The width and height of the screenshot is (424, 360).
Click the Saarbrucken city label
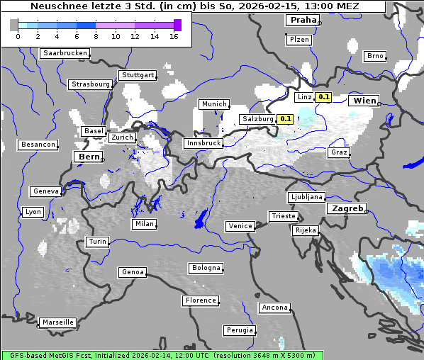[65, 53]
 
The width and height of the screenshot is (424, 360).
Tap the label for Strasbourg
[91, 84]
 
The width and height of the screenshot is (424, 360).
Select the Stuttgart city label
[138, 75]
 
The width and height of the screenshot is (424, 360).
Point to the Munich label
[214, 104]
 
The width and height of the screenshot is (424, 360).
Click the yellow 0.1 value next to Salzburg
[286, 119]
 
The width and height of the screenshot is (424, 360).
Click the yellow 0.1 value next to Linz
[323, 97]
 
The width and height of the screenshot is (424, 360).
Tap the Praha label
[303, 21]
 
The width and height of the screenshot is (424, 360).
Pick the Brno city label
[375, 56]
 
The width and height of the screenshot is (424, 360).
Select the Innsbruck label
[203, 143]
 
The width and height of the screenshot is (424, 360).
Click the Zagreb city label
[347, 209]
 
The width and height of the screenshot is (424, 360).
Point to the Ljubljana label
[306, 197]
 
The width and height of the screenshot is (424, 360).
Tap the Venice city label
[240, 226]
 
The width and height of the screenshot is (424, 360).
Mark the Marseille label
[57, 322]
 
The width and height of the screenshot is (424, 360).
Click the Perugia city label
[240, 330]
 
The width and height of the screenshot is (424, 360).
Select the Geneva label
[45, 191]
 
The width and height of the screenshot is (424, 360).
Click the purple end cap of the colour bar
[177, 25]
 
